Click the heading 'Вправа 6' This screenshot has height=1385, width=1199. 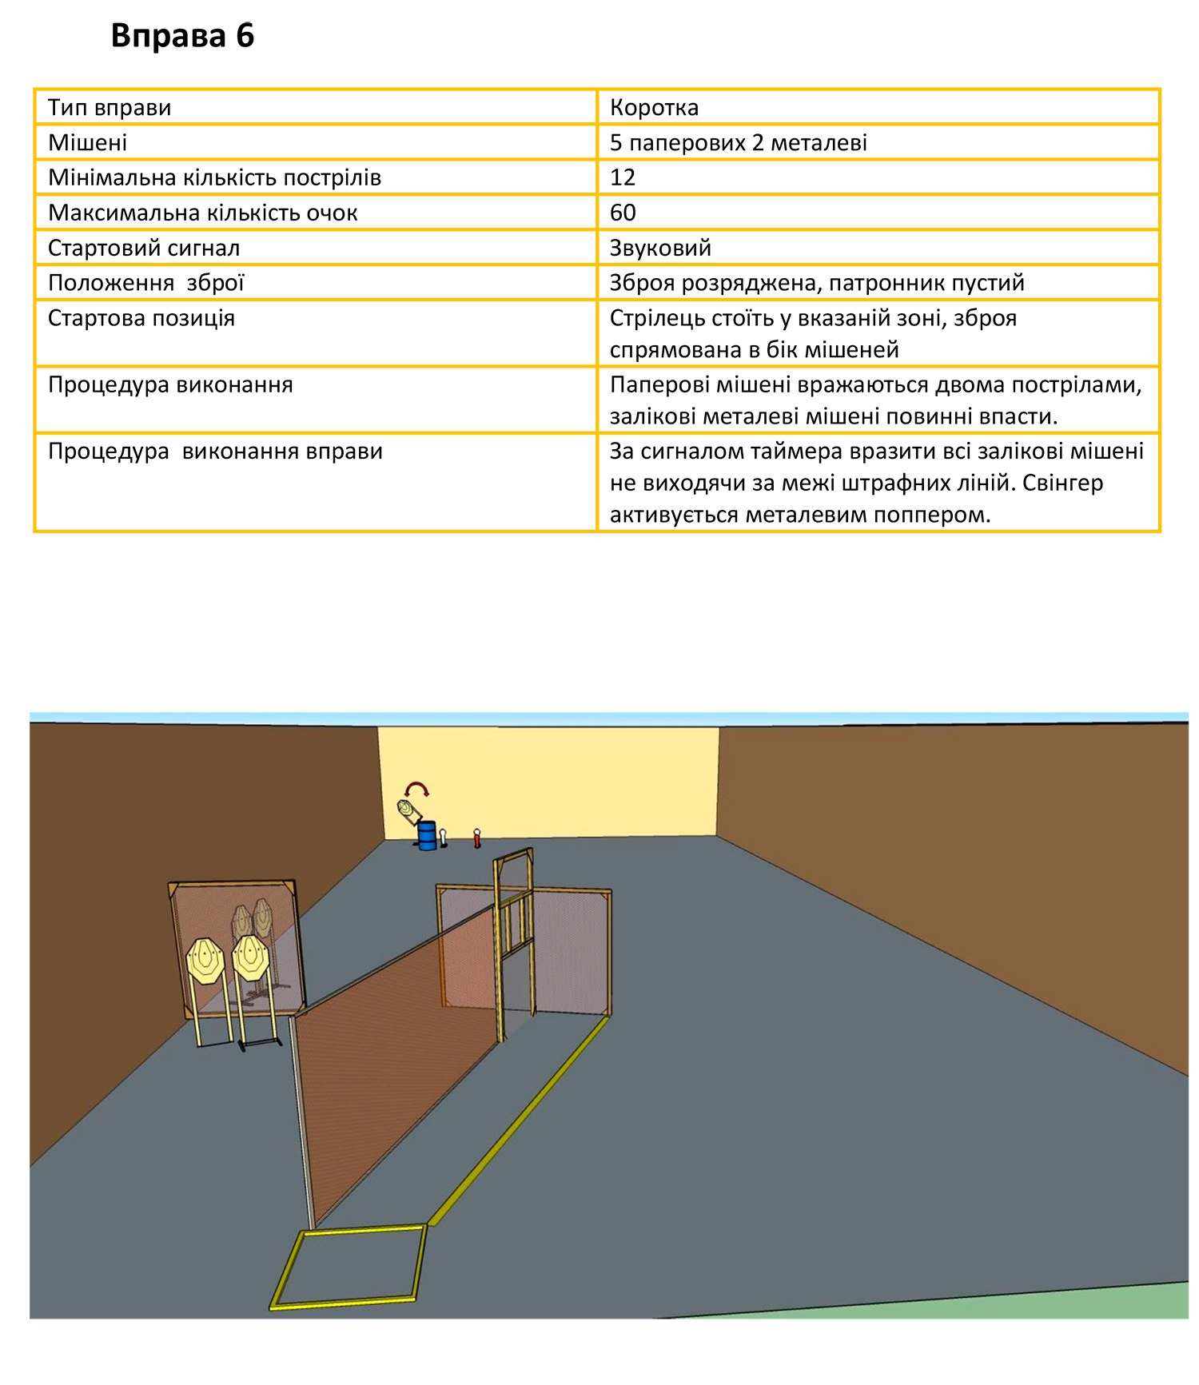coord(182,36)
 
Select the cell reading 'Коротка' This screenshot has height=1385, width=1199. coord(654,107)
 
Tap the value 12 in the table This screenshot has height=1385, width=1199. coord(623,177)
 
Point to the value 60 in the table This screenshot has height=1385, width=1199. coord(623,213)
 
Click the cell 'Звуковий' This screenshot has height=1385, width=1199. coord(660,248)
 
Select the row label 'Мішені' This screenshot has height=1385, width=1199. coord(88,142)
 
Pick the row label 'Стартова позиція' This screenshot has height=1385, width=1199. coord(141,318)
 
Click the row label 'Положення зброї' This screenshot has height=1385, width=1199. coord(146,283)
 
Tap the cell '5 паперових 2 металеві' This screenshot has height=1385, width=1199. coord(738,142)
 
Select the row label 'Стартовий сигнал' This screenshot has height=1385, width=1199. coord(144,248)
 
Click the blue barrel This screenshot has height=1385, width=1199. coord(427,835)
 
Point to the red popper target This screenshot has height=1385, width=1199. coord(477,838)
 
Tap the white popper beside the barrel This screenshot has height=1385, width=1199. coord(443,836)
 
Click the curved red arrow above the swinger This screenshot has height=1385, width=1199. coord(417,789)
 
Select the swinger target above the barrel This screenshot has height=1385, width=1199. coord(410,811)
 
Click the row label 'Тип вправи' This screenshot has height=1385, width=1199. coord(110,107)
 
